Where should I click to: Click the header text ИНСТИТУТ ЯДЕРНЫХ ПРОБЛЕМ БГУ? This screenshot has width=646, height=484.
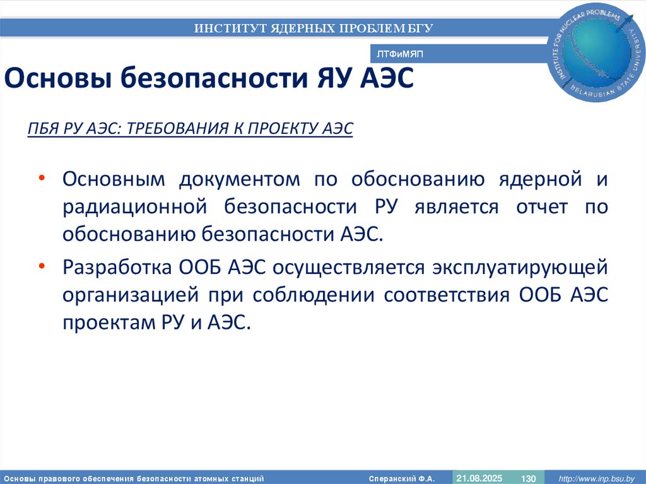(314, 28)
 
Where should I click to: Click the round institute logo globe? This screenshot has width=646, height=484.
(598, 50)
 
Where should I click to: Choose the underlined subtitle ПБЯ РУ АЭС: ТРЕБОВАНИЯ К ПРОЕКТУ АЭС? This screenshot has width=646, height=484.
(191, 129)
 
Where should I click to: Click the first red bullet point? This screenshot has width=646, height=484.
(41, 179)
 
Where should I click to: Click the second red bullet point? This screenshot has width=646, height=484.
(41, 266)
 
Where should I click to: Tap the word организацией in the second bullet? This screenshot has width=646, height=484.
(129, 295)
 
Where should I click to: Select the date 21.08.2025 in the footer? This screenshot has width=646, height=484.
(479, 478)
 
